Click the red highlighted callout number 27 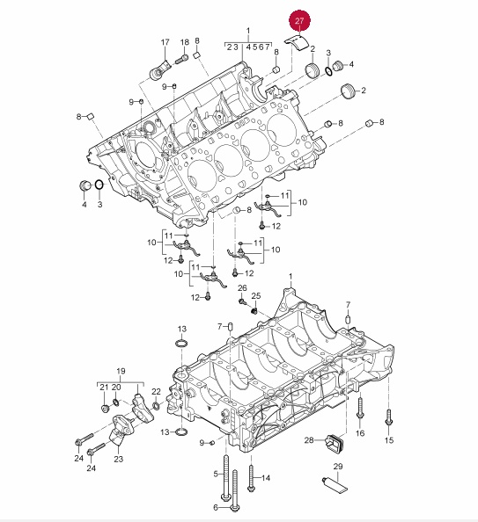pyautogui.click(x=299, y=20)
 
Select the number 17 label pyautogui.click(x=165, y=42)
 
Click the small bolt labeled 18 pyautogui.click(x=180, y=61)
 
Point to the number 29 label pyautogui.click(x=338, y=467)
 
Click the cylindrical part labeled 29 pyautogui.click(x=334, y=484)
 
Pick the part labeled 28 pyautogui.click(x=335, y=441)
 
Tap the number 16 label pyautogui.click(x=360, y=433)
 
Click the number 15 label pyautogui.click(x=389, y=440)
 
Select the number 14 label pyautogui.click(x=266, y=478)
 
